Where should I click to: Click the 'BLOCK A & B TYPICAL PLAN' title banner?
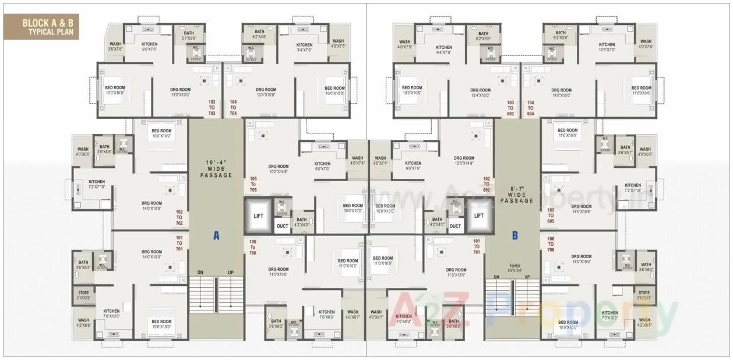click(41, 27)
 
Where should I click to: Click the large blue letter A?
click(216, 235)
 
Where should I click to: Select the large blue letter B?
click(515, 235)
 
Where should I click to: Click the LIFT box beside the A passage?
click(259, 216)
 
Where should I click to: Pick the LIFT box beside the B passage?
click(479, 216)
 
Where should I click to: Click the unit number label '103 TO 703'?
click(212, 107)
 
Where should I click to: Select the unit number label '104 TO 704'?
click(234, 107)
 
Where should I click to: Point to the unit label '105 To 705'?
click(253, 184)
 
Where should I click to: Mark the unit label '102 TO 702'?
click(179, 218)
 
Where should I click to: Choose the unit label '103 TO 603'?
click(510, 107)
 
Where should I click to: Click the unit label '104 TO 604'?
click(530, 107)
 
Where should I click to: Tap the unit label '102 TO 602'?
click(487, 184)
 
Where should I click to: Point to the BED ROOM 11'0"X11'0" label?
click(642, 90)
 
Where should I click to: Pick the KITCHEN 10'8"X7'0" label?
click(607, 47)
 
